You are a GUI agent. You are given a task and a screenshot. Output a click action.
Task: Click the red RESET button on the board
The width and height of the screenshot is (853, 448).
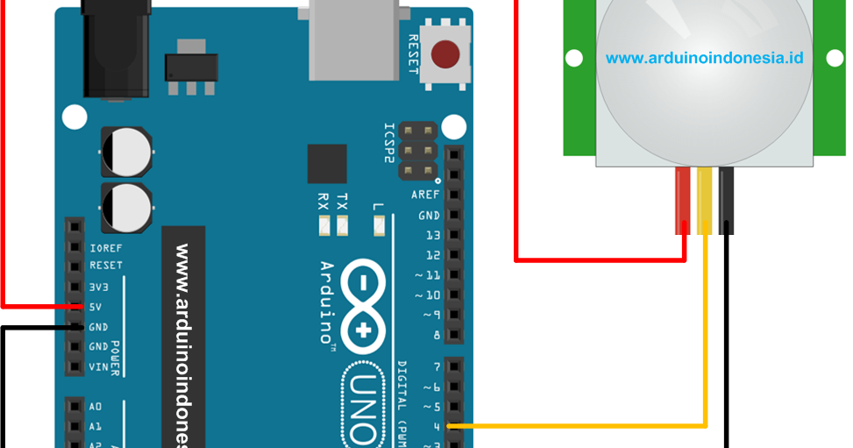pos(447,54)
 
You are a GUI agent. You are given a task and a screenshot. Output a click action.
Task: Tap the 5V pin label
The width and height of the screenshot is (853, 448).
pos(98,306)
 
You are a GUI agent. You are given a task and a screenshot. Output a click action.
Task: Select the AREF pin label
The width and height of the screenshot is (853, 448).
pos(425,195)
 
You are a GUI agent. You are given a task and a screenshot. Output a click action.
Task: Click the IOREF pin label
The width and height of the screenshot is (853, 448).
pos(105,248)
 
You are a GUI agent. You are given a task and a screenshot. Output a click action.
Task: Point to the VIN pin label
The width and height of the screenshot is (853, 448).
pos(99,366)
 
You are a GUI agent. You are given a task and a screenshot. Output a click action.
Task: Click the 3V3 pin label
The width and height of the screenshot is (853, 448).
pos(99,287)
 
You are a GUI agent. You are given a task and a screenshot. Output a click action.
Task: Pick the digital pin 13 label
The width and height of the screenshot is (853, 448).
pos(432,235)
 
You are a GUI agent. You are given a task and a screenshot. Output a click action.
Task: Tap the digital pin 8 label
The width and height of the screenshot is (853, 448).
pos(436,335)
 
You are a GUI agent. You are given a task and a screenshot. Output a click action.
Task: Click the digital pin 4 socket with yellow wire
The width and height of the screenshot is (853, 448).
pos(453,427)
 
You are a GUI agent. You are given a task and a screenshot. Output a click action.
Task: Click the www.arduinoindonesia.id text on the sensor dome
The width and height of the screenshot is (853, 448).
pos(704,59)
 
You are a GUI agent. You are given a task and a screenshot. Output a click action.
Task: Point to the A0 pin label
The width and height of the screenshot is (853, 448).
pos(95,407)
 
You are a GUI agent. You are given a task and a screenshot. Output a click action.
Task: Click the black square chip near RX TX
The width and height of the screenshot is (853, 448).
pos(327,164)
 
